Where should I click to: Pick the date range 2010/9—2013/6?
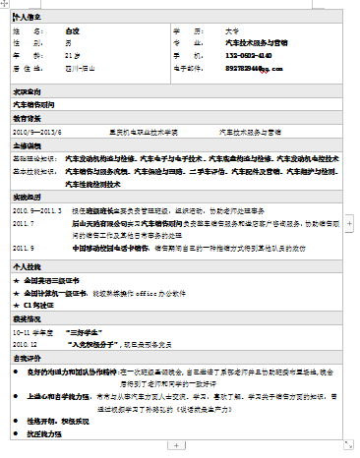[x=37, y=131]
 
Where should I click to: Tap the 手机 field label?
[x=186, y=56]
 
